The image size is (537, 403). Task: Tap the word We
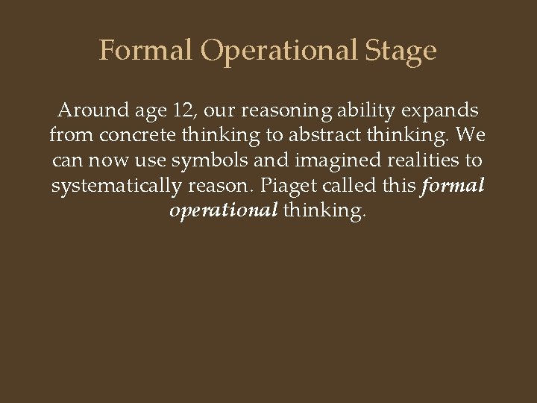(467, 137)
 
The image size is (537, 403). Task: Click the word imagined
(317, 161)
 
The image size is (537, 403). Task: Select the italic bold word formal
(453, 186)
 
